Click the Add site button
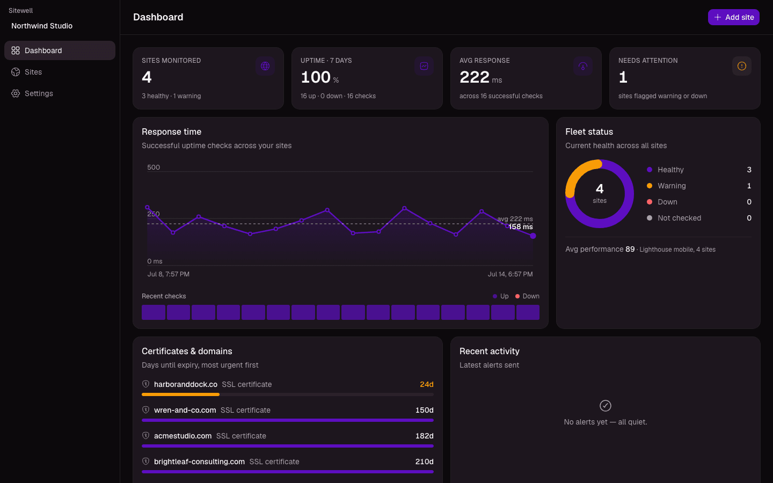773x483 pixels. coord(733,17)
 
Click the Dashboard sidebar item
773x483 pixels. coord(60,50)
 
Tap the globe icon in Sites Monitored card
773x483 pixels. coord(265,66)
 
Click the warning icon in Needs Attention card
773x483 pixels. coord(742,66)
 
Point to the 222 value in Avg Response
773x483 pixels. coord(474,77)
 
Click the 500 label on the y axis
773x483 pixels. coord(154,167)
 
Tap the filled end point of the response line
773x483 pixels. coord(533,236)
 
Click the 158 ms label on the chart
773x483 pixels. coord(520,226)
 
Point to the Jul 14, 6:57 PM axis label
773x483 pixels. coord(510,274)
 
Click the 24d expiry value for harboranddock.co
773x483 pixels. coord(427,384)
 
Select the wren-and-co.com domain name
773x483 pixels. coord(185,410)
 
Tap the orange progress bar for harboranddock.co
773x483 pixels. coord(180,394)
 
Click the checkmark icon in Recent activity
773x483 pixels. coord(606,406)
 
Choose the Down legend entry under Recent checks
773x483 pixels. coord(527,296)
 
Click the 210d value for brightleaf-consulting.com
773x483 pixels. coord(425,462)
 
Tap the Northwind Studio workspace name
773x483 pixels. coord(42,26)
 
